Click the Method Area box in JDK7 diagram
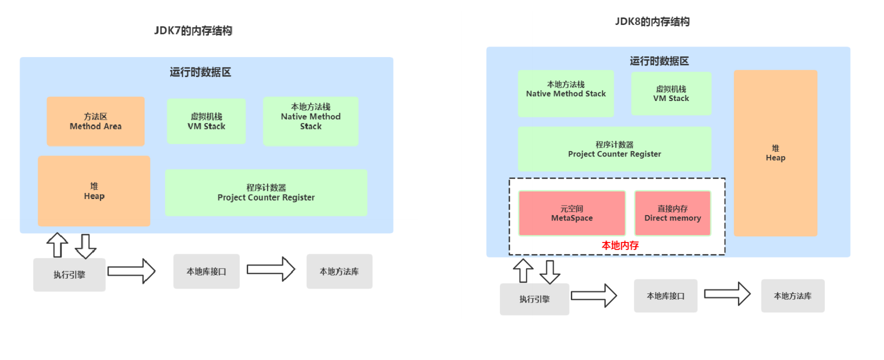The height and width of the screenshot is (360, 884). [96, 121]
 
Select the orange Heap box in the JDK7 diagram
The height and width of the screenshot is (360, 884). [94, 191]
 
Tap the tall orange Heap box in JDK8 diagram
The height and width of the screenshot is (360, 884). [775, 153]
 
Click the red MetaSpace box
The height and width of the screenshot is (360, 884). [572, 213]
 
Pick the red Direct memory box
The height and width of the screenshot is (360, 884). [672, 213]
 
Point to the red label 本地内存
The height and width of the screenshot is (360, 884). [620, 245]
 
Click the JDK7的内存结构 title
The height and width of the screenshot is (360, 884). [193, 30]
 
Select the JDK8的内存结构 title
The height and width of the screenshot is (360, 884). [652, 21]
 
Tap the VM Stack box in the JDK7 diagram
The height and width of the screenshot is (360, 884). [206, 121]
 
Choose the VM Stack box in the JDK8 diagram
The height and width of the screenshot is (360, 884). [671, 93]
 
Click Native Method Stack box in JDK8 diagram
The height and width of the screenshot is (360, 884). [566, 93]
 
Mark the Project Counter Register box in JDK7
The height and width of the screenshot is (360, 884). [266, 192]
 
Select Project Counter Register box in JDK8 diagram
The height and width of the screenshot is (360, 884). [614, 149]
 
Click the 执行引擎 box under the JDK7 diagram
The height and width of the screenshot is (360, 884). [69, 274]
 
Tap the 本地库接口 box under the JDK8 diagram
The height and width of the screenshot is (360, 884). [665, 296]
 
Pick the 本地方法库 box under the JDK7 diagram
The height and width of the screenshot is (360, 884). [339, 271]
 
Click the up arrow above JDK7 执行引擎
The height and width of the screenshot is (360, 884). [57, 244]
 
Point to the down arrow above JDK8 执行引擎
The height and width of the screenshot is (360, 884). [550, 271]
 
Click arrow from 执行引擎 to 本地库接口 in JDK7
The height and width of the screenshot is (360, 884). [132, 271]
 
